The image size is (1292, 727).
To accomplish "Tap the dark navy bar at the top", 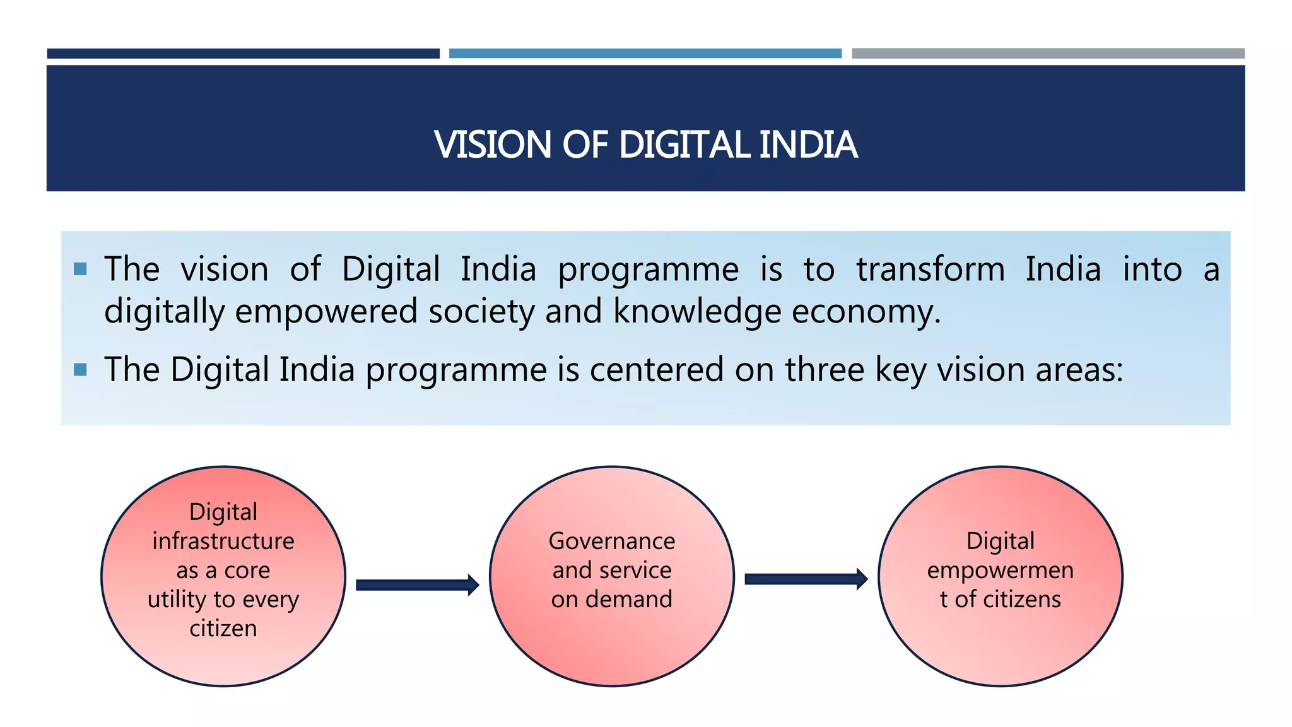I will [243, 54].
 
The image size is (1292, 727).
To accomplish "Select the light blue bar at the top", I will [645, 54].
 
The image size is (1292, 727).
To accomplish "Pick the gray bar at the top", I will [1048, 54].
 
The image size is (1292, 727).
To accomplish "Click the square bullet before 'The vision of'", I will [80, 269].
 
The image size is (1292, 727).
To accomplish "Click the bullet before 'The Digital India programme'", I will [80, 369].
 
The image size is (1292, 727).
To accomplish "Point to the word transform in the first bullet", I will [931, 269].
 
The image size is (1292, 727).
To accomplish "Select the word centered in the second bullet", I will [656, 369].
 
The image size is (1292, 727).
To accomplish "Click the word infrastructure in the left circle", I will [223, 541].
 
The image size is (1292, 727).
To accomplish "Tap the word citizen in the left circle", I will [223, 628].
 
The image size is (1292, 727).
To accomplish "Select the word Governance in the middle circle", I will [612, 541].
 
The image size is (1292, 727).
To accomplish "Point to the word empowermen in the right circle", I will [1000, 570].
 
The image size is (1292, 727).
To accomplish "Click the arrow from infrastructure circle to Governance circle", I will [417, 585].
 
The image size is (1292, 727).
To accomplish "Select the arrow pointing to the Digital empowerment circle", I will [806, 579].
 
